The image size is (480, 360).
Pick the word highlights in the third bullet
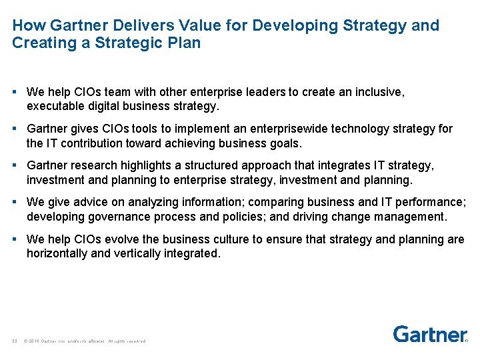153,165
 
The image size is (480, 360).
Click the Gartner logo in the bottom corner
429,334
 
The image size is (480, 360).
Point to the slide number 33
14,341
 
